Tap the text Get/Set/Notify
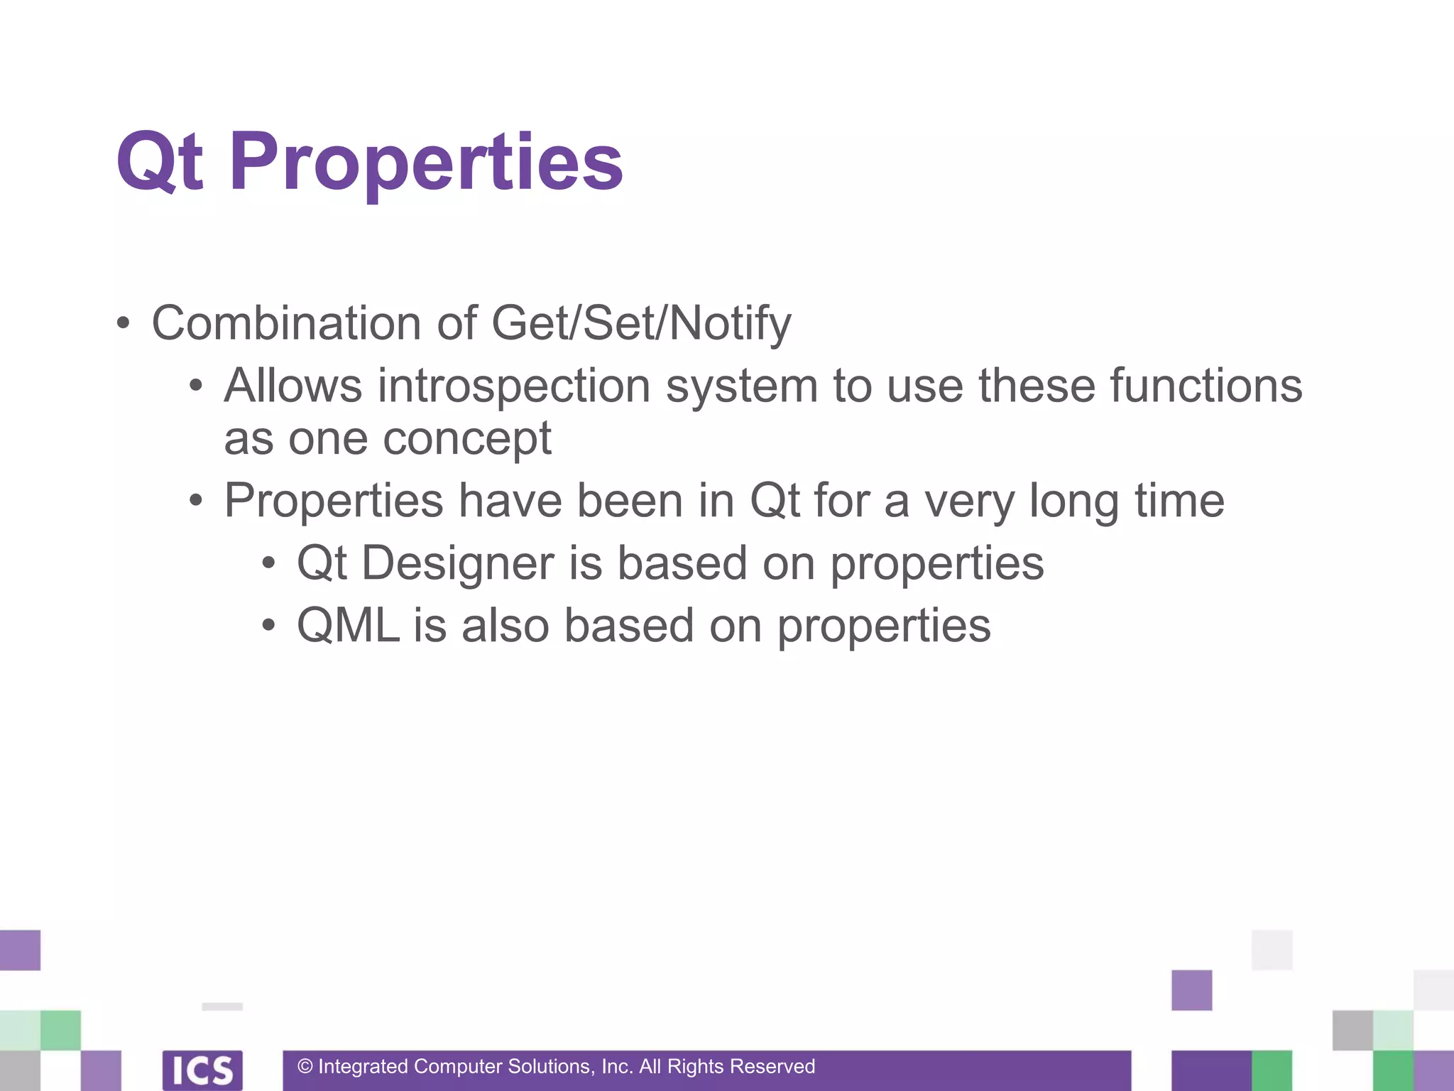(x=640, y=323)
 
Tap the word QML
(x=348, y=626)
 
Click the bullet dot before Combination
(x=124, y=324)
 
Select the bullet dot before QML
(x=268, y=626)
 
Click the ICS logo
(x=202, y=1070)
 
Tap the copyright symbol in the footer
(x=305, y=1067)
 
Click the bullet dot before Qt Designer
(x=268, y=564)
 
